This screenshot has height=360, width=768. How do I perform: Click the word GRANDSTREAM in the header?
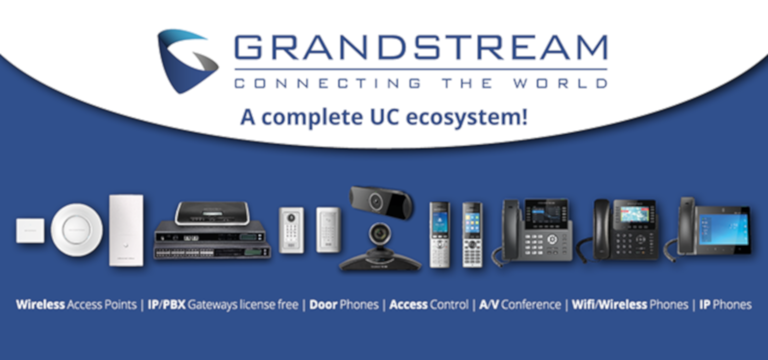[x=421, y=48]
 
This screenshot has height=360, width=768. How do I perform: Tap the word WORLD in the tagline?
[x=560, y=84]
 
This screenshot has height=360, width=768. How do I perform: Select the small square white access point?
[x=30, y=231]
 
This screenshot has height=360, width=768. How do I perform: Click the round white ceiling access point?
[x=76, y=229]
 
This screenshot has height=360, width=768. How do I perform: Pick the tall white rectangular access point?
[x=126, y=230]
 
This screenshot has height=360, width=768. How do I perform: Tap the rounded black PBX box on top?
[x=212, y=213]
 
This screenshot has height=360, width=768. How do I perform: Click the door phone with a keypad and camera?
[x=291, y=230]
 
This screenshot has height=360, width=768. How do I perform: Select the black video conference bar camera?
[x=381, y=202]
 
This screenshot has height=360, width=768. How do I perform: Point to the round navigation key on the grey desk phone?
[x=552, y=240]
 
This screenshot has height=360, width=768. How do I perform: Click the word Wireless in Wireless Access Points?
[x=40, y=304]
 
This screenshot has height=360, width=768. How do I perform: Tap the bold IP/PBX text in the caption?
[x=167, y=304]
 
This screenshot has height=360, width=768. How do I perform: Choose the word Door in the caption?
[x=324, y=304]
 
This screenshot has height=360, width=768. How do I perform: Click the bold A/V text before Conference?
[x=489, y=304]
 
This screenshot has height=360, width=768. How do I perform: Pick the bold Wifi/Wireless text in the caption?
[x=610, y=304]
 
